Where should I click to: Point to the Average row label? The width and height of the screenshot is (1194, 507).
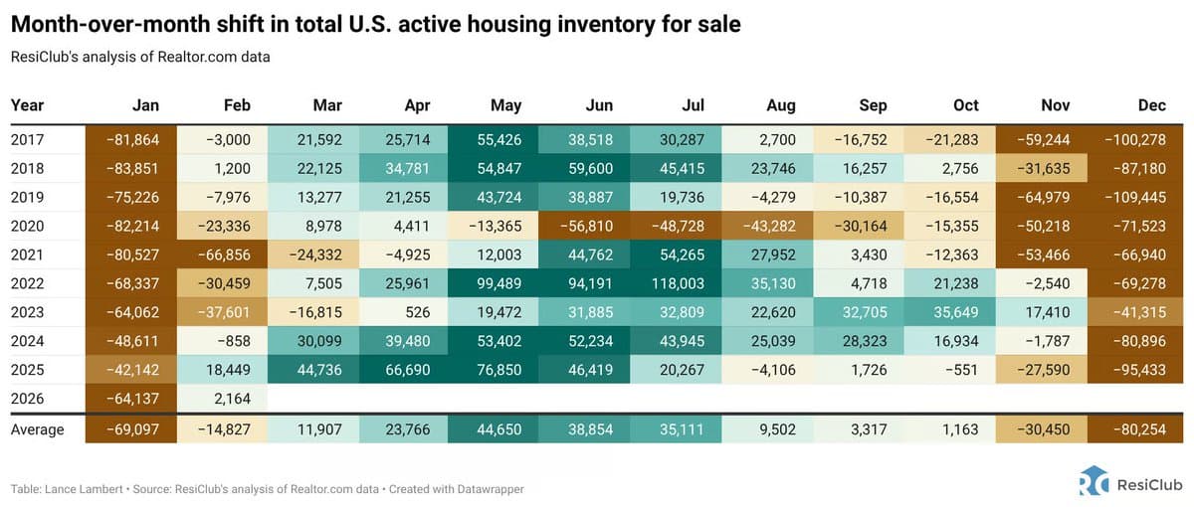click(x=38, y=429)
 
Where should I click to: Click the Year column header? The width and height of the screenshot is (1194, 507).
click(x=28, y=104)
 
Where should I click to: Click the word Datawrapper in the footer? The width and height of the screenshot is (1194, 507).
click(x=495, y=489)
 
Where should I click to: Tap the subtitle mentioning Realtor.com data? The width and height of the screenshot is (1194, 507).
click(x=140, y=57)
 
